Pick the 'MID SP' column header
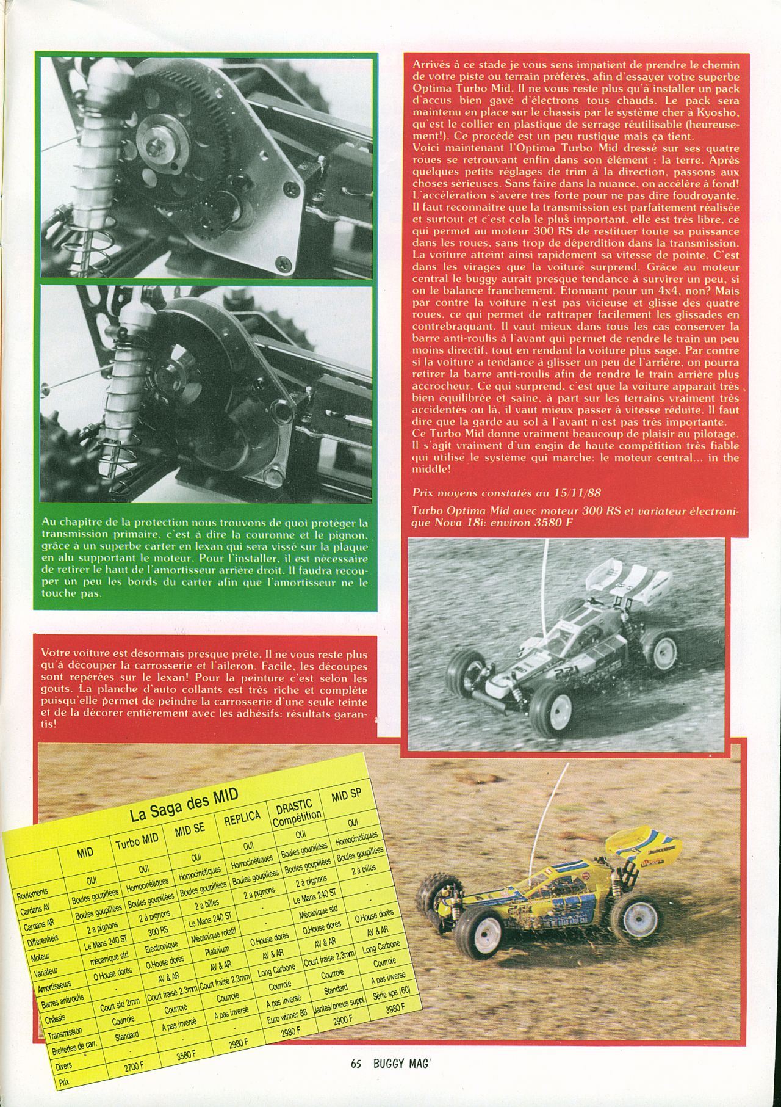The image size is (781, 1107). (x=346, y=796)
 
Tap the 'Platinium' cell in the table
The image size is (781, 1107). (x=217, y=951)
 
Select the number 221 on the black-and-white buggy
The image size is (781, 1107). (x=530, y=669)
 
